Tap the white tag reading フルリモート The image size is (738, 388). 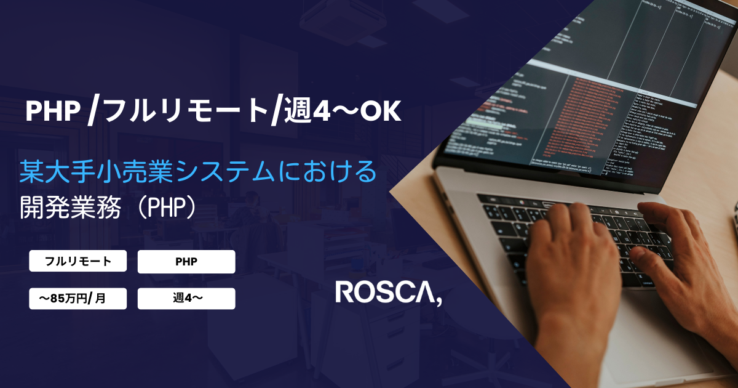coord(78,261)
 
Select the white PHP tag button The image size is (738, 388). coord(186,262)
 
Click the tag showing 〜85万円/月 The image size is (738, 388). coord(78,299)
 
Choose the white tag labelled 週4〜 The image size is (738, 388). coord(186,299)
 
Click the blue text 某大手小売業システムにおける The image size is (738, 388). coord(197,171)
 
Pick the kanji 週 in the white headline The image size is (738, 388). coord(296,111)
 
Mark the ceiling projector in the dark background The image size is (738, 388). coord(332,25)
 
